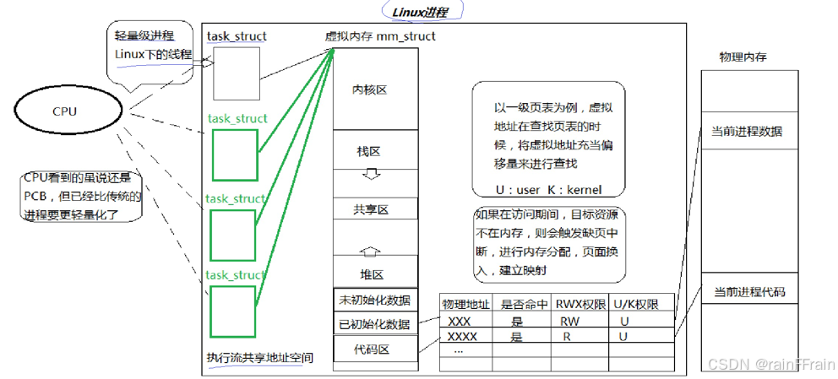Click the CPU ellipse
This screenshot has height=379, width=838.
point(64,111)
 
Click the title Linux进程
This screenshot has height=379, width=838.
point(416,12)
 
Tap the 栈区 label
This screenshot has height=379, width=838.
point(369,152)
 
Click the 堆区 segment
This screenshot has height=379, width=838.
point(373,273)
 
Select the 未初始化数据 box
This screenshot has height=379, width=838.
point(374,300)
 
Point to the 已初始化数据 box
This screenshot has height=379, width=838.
point(374,324)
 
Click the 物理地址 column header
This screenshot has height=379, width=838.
point(465,304)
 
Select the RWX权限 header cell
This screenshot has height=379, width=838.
point(579,304)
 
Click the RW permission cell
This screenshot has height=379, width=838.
point(569,321)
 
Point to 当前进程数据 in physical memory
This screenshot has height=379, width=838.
point(748,132)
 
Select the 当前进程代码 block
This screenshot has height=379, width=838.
point(748,292)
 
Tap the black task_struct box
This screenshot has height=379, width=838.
point(237,73)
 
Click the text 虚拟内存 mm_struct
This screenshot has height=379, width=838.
point(380,36)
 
